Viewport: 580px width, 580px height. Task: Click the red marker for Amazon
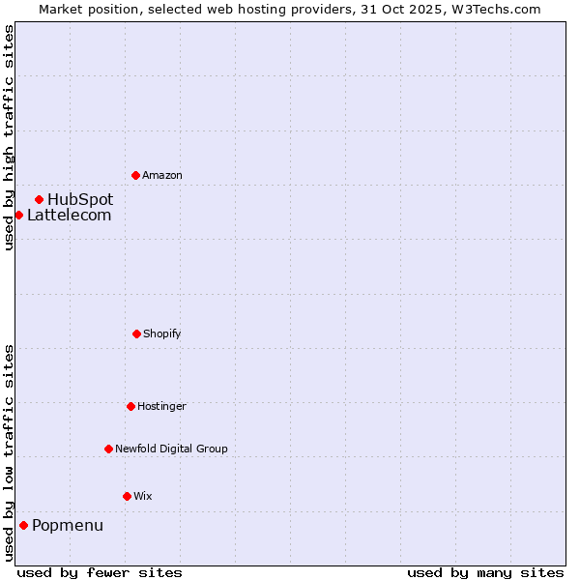(135, 175)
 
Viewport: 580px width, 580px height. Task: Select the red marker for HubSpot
(39, 199)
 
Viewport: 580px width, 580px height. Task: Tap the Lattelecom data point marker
(18, 215)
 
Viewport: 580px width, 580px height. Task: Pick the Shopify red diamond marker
(136, 333)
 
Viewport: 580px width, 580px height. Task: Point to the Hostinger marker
(130, 406)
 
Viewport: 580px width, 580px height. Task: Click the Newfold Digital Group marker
(108, 449)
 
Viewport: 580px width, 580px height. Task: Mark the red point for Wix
(127, 496)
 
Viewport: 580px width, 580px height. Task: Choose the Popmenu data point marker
(23, 525)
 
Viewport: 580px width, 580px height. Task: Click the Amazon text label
(162, 175)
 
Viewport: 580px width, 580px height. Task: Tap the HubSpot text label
(80, 199)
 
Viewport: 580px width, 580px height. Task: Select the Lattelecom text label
(69, 215)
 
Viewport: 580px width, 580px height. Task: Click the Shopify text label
(162, 333)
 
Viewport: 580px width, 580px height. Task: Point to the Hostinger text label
(161, 406)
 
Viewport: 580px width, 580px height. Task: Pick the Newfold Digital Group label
(171, 449)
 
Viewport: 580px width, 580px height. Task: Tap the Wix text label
(143, 496)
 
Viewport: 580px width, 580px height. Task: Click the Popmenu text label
(68, 525)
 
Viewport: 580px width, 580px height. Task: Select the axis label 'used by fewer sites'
(100, 572)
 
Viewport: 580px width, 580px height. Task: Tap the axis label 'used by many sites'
(485, 572)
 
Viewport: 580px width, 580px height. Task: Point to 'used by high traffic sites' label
(9, 137)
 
